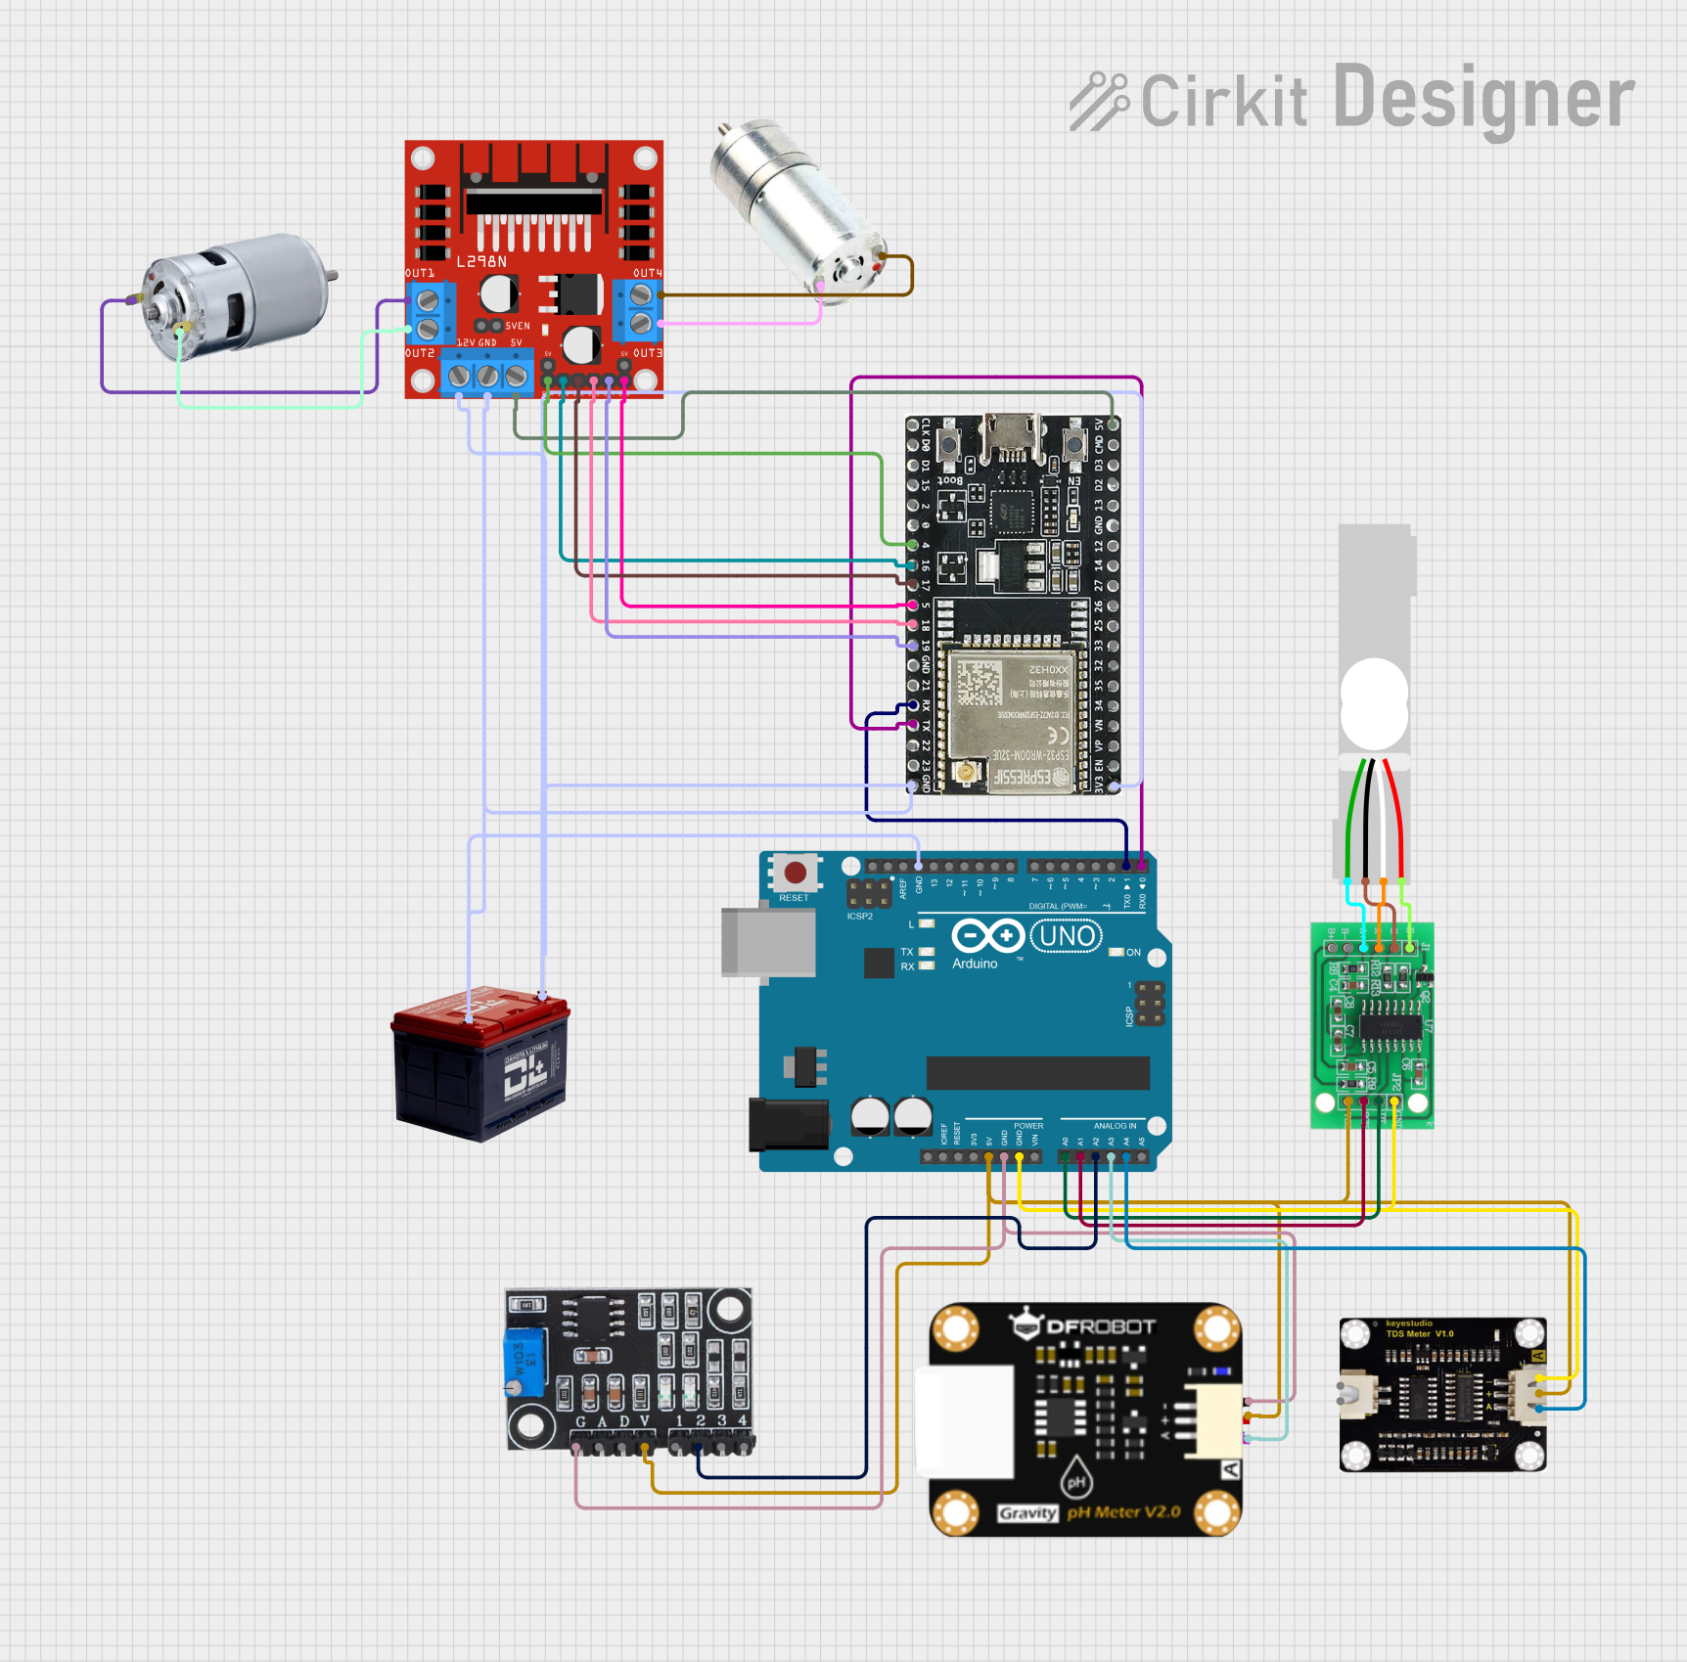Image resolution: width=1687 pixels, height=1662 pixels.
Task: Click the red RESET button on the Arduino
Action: point(795,872)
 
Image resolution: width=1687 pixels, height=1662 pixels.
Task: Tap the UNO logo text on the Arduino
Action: point(1067,936)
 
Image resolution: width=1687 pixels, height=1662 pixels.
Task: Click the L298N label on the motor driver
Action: point(481,262)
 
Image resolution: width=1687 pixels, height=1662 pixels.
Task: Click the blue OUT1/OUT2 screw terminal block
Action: point(430,313)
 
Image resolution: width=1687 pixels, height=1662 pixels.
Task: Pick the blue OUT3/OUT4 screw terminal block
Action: point(639,309)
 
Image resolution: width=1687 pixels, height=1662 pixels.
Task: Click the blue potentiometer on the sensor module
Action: point(524,1363)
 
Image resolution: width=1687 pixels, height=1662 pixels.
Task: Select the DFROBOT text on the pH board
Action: point(1101,1327)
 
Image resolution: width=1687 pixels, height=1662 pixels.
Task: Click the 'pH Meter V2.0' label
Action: point(1123,1512)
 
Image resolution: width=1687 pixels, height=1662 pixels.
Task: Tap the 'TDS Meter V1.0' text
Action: point(1419,1333)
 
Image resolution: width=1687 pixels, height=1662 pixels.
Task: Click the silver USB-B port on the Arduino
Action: point(768,942)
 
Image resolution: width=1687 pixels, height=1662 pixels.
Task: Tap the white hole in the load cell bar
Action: point(1374,702)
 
